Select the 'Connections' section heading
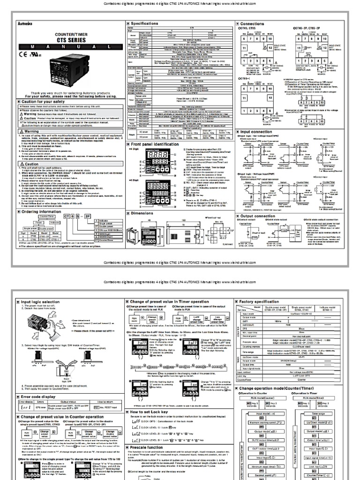pos(256,22)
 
